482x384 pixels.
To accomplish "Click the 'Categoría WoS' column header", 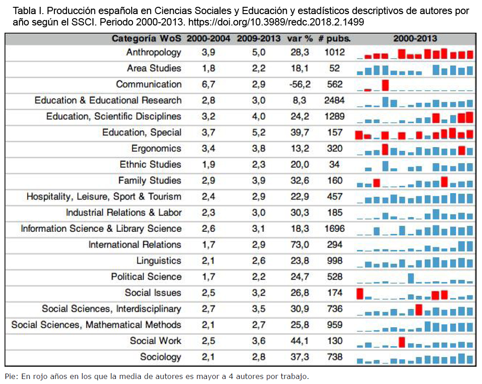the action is [146, 39].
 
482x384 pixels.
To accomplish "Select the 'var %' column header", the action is [300, 39].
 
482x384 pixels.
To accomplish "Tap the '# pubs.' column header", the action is [334, 39].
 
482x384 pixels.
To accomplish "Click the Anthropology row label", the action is [154, 52].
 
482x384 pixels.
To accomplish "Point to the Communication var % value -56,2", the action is [300, 85].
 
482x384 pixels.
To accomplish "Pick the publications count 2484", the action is [334, 100].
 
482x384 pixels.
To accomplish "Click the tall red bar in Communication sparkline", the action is [385, 85].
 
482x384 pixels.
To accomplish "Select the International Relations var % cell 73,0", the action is [300, 244].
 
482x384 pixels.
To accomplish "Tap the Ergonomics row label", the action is [156, 149].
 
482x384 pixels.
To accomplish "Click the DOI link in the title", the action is [276, 22].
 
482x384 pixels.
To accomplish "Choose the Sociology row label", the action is [161, 357].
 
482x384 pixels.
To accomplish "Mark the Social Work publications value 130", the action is [334, 341].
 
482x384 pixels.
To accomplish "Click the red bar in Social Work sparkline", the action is [402, 342].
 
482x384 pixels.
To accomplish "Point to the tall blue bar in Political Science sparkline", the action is [411, 278].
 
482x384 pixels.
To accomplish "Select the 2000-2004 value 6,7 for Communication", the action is [208, 85].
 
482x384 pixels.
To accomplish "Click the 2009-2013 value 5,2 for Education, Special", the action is [259, 132].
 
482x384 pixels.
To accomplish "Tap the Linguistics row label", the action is [158, 260].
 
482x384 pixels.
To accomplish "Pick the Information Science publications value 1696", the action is [334, 229].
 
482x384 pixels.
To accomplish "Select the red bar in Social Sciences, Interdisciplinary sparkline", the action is [418, 309].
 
